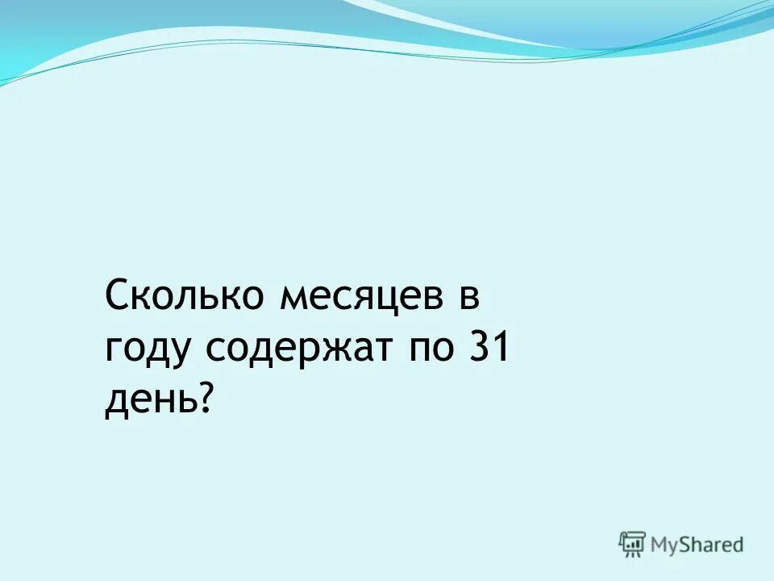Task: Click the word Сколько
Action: tap(186, 297)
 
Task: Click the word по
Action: tap(429, 349)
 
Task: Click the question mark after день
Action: tap(207, 398)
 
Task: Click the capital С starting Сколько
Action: tap(118, 297)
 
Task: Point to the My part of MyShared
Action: tap(666, 545)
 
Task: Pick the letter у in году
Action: tap(181, 353)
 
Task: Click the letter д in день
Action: tap(117, 402)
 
